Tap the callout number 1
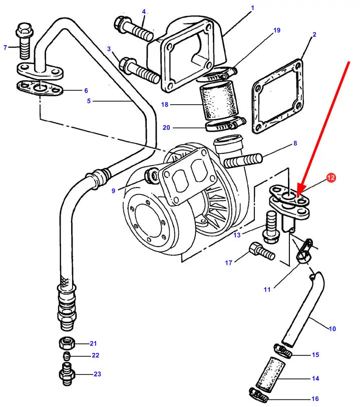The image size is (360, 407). click(252, 8)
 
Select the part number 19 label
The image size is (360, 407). click(276, 30)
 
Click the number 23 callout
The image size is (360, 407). click(97, 374)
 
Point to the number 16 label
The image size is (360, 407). click(315, 399)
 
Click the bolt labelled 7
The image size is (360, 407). click(23, 40)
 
